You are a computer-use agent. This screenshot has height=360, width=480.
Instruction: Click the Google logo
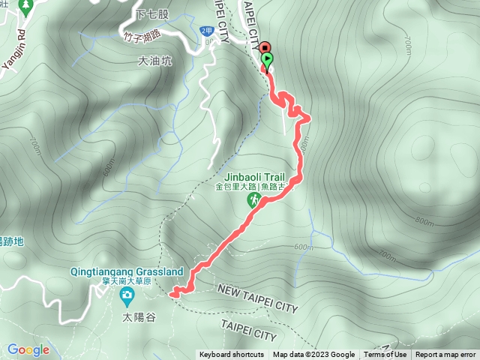[x=28, y=349]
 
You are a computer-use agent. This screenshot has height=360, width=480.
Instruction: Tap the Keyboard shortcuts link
[x=232, y=355]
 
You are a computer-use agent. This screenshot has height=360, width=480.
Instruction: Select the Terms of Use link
[x=385, y=355]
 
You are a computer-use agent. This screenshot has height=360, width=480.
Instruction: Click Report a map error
[x=445, y=355]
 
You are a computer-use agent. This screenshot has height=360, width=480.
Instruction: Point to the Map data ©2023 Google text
[x=313, y=355]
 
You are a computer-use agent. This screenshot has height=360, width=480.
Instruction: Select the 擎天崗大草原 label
[x=127, y=281]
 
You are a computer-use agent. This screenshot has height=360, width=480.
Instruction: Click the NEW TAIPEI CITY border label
[x=256, y=298]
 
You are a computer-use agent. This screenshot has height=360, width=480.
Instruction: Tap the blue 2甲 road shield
[x=207, y=30]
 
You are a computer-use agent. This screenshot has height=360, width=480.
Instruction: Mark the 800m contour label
[x=423, y=221]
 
